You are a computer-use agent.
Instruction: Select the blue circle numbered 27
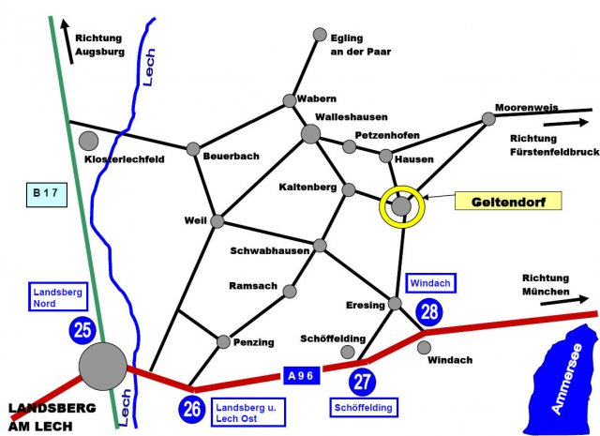[363, 382]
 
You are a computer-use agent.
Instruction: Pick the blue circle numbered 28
[429, 312]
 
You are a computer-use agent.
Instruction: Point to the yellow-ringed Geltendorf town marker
[402, 204]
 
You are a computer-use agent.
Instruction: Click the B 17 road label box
[42, 194]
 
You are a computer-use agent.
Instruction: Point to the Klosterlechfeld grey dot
[89, 141]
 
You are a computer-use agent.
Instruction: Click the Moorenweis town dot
[487, 118]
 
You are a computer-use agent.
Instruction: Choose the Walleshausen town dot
[310, 134]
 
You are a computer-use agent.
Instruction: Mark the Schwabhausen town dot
[320, 246]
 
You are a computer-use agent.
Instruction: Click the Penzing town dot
[223, 342]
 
